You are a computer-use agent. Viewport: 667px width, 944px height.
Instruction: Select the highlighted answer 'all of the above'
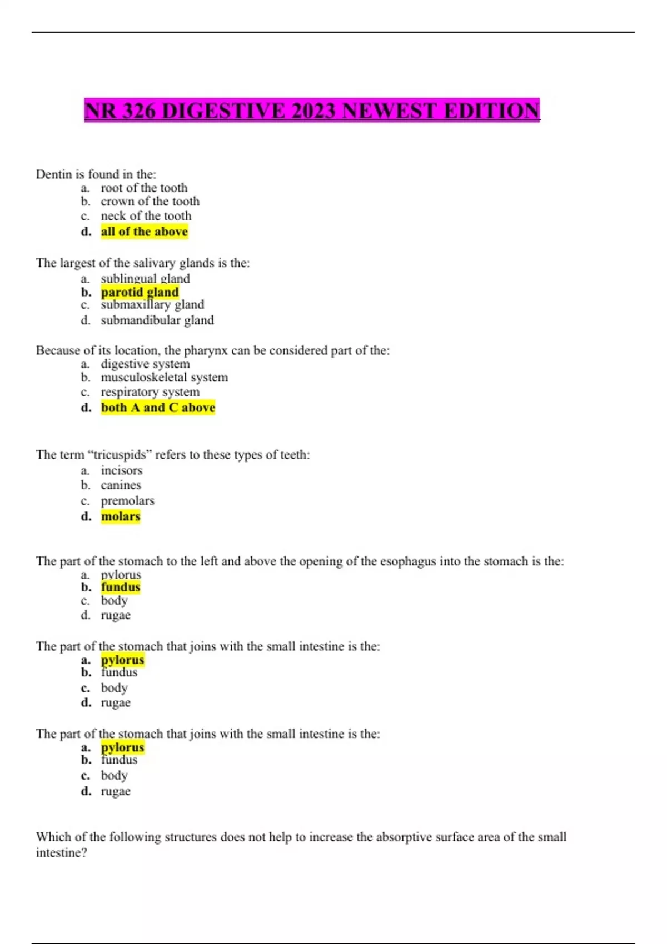point(145,232)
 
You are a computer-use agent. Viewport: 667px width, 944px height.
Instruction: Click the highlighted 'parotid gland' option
point(140,292)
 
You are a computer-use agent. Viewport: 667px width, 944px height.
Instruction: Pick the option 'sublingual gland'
point(145,278)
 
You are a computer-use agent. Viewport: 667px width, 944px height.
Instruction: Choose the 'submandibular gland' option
point(157,320)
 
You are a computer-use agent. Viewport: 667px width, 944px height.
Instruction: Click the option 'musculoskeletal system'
point(164,378)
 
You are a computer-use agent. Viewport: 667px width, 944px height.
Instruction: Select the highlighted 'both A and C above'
point(158,408)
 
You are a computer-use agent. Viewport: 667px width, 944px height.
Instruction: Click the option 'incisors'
point(122,470)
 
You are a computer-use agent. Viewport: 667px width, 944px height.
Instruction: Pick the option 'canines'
point(121,485)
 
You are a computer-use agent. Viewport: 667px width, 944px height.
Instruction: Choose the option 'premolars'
point(127,500)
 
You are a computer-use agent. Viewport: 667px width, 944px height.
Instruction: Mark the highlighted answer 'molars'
point(121,516)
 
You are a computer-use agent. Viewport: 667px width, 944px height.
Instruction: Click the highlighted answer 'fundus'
point(121,587)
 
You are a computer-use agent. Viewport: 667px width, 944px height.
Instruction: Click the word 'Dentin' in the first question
point(54,174)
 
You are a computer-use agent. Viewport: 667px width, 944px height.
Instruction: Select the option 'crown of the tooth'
point(150,202)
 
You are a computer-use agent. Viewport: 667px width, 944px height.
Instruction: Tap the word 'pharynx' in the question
point(205,350)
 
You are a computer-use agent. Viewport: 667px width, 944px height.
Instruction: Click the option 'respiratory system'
point(150,392)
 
